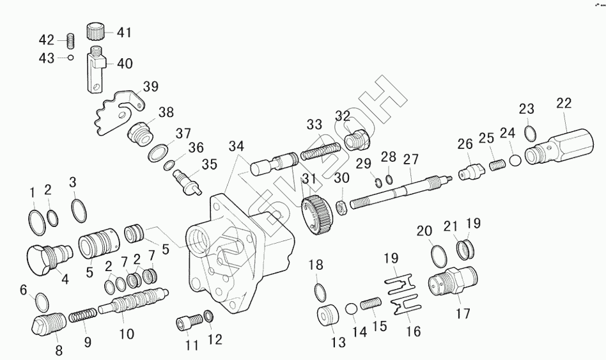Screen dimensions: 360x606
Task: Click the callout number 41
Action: pyautogui.click(x=123, y=32)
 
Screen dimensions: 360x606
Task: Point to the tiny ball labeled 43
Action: pyautogui.click(x=71, y=58)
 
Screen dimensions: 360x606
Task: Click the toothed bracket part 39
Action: pyautogui.click(x=119, y=111)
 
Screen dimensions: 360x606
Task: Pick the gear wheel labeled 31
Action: pyautogui.click(x=315, y=213)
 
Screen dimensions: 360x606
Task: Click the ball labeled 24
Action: pyautogui.click(x=514, y=157)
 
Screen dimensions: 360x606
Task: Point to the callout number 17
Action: pyautogui.click(x=462, y=314)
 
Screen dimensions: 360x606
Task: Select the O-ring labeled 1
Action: pyautogui.click(x=37, y=219)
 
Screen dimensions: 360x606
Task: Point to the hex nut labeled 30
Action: pyautogui.click(x=342, y=207)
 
